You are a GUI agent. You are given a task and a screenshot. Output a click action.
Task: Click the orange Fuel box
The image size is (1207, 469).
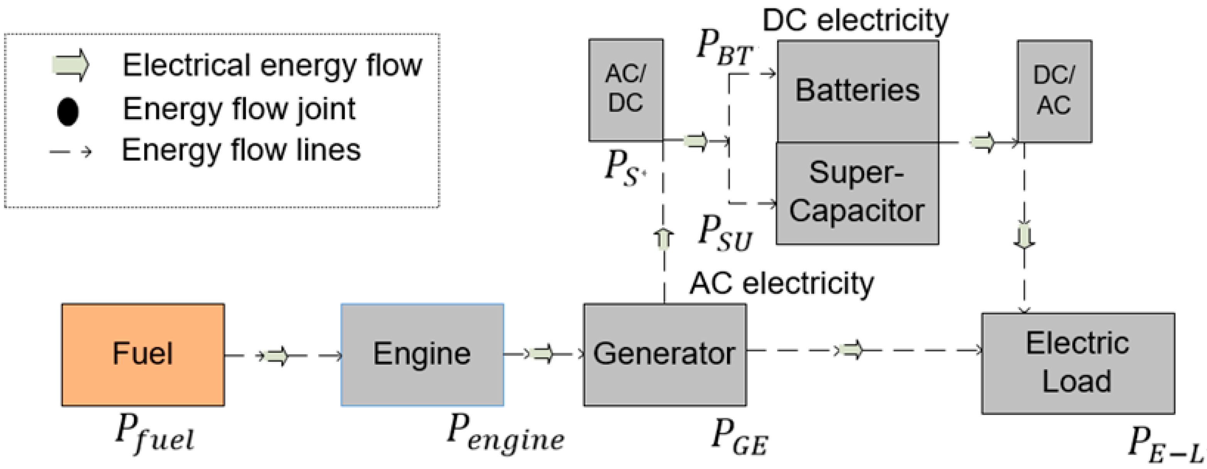[143, 354]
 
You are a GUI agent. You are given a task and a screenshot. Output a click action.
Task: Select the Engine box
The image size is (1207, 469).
[422, 354]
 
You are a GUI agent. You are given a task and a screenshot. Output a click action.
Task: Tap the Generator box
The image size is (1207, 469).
[664, 354]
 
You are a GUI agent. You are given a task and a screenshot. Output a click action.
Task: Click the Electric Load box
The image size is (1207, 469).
[1078, 363]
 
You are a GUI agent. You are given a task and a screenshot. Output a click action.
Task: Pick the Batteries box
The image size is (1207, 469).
[857, 90]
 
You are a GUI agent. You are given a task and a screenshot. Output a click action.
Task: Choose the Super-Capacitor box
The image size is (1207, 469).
[857, 193]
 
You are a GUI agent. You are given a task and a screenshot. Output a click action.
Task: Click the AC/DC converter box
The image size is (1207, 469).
[625, 89]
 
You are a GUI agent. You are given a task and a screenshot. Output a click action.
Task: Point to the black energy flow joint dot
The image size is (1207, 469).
[68, 112]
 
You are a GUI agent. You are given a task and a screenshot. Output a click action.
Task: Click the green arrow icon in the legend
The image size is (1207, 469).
[70, 65]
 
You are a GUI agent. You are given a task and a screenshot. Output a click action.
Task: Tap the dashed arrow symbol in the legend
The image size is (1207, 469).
[70, 152]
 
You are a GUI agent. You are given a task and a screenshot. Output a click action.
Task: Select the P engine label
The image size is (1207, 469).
[505, 433]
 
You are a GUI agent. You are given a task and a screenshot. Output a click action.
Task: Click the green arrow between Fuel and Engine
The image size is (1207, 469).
[277, 356]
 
